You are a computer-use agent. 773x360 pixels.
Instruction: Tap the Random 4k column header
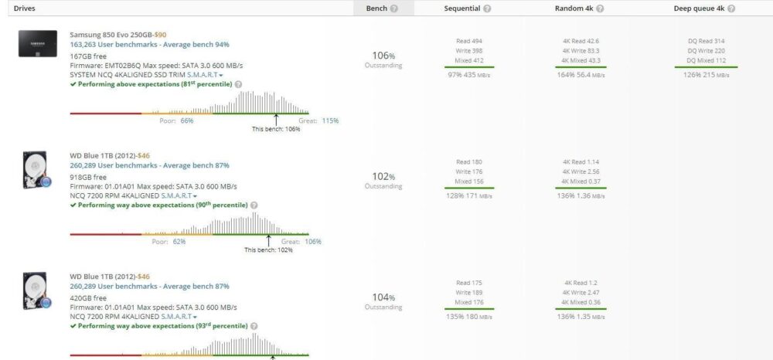[x=574, y=8]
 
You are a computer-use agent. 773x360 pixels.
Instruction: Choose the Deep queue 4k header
[x=700, y=8]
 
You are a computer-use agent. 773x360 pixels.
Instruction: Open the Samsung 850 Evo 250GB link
[x=111, y=36]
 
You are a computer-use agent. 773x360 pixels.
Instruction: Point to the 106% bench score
[x=383, y=56]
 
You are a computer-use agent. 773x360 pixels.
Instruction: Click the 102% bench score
[x=383, y=176]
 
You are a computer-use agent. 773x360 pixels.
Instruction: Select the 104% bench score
[x=383, y=297]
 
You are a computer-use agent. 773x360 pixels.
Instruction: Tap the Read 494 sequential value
[x=469, y=41]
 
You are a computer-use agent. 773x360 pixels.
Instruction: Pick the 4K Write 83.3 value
[x=581, y=50]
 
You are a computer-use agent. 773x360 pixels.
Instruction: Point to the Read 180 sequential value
[x=469, y=162]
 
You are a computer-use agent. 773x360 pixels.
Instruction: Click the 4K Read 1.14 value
[x=581, y=162]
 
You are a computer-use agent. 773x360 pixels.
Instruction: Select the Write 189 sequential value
[x=469, y=293]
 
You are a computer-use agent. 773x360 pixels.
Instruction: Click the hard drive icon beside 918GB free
[x=36, y=169]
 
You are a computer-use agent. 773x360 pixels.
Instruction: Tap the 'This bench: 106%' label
[x=276, y=129]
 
